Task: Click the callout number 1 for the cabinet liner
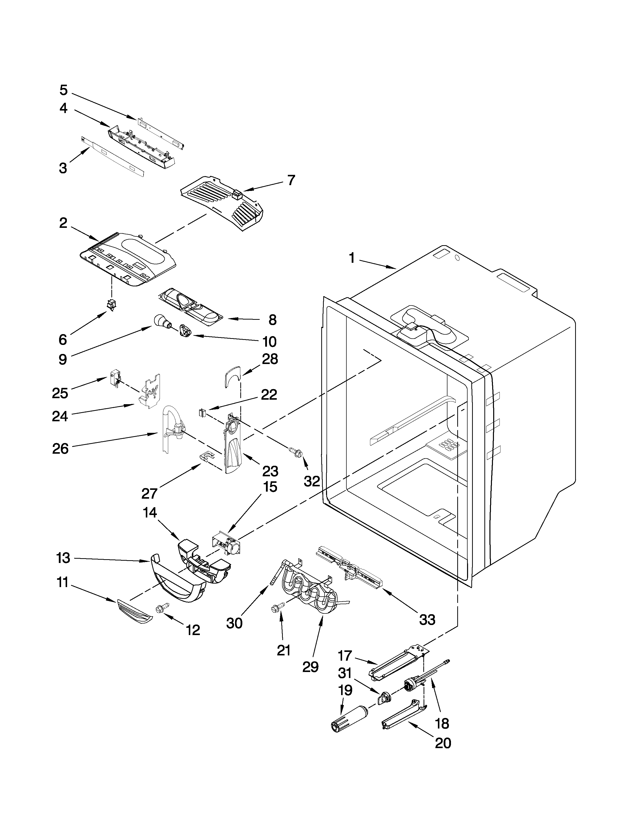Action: [x=352, y=258]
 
